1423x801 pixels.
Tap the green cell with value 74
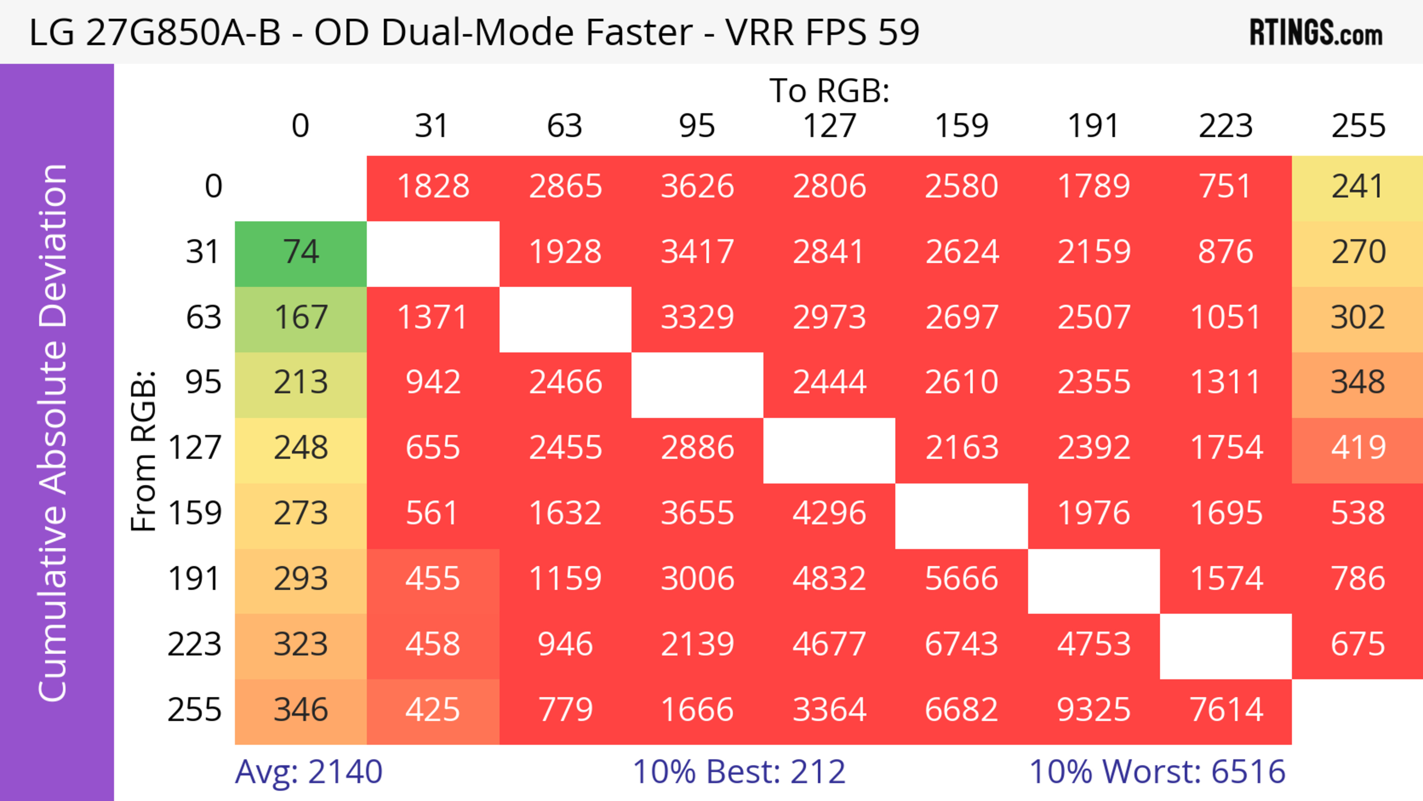[x=301, y=252]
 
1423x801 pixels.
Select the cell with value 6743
[x=961, y=645]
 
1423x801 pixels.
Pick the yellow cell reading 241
[x=1357, y=187]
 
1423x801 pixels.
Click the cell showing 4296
[x=829, y=514]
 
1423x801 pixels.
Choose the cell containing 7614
[x=1226, y=710]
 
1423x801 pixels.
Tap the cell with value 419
[x=1357, y=448]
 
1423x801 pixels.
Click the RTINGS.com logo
[x=1316, y=33]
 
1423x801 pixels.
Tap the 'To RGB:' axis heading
[x=829, y=90]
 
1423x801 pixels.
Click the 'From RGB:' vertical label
[x=144, y=450]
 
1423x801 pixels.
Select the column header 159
[x=961, y=126]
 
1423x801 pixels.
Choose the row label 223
[x=195, y=645]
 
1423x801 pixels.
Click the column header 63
[x=564, y=126]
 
